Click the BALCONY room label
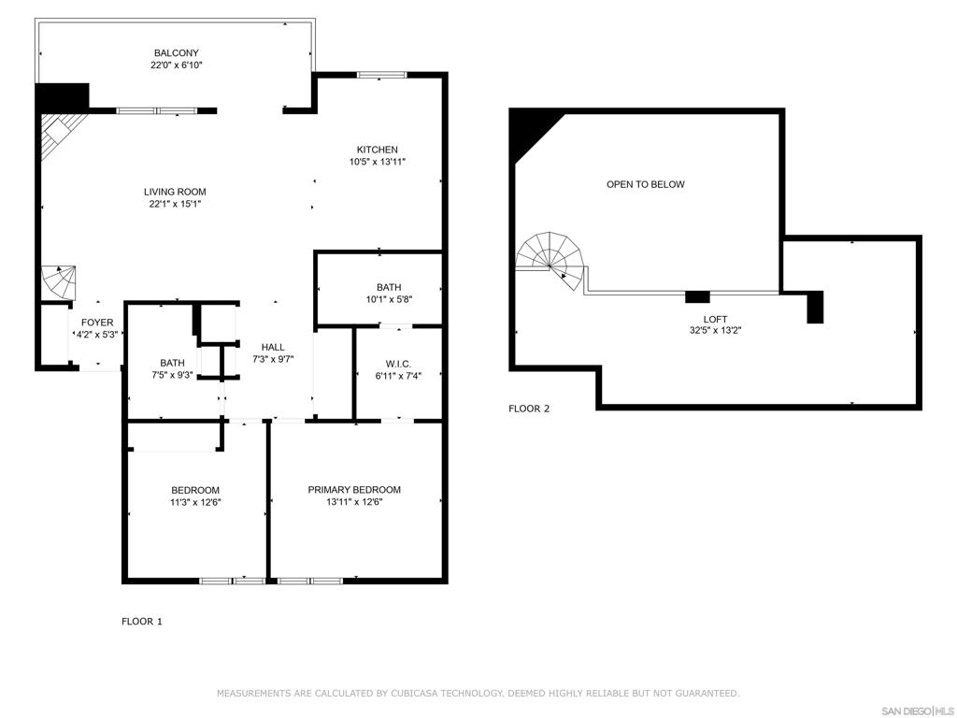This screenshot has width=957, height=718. click(176, 53)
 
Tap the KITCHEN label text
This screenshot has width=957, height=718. click(378, 150)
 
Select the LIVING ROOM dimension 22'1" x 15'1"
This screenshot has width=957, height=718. click(175, 204)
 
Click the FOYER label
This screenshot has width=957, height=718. click(97, 323)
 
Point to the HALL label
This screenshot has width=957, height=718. click(273, 347)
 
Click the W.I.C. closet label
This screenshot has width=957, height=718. click(398, 364)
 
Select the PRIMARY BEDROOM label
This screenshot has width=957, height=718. click(354, 490)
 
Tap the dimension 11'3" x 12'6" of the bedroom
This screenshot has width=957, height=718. click(195, 502)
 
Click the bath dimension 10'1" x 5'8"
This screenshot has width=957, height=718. click(389, 299)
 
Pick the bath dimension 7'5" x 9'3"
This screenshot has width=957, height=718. click(172, 375)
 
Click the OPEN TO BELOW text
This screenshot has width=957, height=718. click(645, 184)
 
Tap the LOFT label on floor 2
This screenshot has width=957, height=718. click(715, 320)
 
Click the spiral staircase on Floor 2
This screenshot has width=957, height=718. click(551, 260)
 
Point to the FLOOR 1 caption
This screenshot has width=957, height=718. click(142, 622)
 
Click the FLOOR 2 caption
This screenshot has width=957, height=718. click(529, 409)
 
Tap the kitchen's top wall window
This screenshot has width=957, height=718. click(381, 75)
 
